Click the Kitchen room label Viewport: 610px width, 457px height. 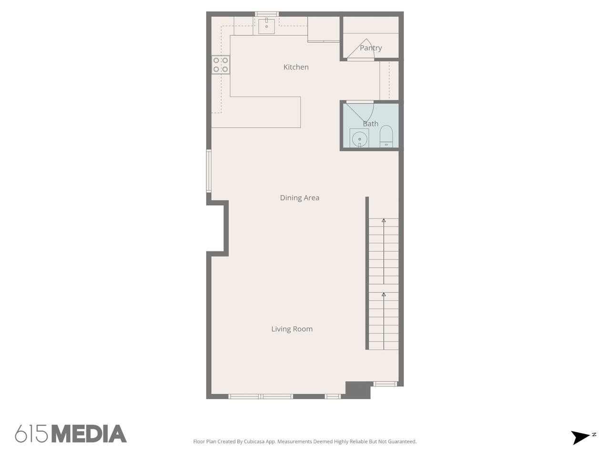[x=295, y=67]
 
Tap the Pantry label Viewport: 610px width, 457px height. [x=371, y=48]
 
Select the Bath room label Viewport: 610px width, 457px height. [x=371, y=124]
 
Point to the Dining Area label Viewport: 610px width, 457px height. [x=299, y=198]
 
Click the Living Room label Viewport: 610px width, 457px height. [x=292, y=329]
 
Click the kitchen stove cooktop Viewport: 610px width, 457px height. [x=221, y=65]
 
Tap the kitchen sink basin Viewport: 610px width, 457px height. [x=266, y=26]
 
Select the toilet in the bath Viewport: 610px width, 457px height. [x=386, y=136]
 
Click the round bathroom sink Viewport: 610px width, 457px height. [x=359, y=139]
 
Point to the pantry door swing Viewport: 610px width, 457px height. [x=360, y=49]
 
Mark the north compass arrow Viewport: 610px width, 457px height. [x=581, y=437]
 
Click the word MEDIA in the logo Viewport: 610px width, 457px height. [x=90, y=433]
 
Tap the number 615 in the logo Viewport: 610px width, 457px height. [x=31, y=433]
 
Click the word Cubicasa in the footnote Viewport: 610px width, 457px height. [x=254, y=441]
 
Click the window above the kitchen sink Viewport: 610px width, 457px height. [x=267, y=14]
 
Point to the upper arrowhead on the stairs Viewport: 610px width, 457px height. [x=384, y=221]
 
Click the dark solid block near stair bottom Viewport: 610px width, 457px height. [x=358, y=390]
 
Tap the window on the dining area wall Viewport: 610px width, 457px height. [x=209, y=170]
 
